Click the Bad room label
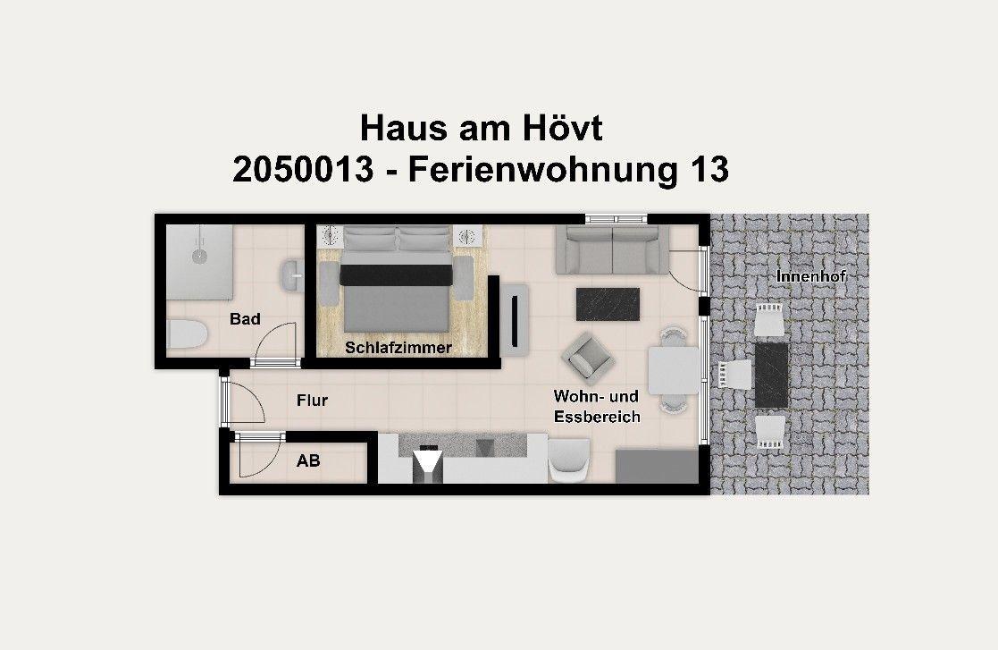pyautogui.click(x=245, y=318)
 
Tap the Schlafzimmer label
pyautogui.click(x=398, y=348)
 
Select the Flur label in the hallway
pyautogui.click(x=312, y=400)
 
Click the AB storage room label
pyautogui.click(x=308, y=461)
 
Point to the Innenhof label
pyautogui.click(x=810, y=276)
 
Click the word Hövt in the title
pyautogui.click(x=561, y=128)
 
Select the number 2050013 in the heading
pyautogui.click(x=302, y=169)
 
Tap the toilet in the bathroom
pyautogui.click(x=188, y=335)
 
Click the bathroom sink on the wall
pyautogui.click(x=291, y=275)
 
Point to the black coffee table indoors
pyautogui.click(x=608, y=303)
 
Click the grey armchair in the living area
pyautogui.click(x=589, y=356)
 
